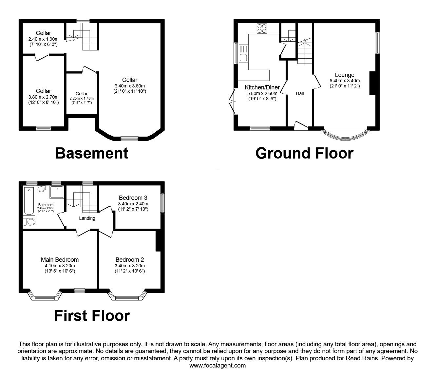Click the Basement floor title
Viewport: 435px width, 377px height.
(x=92, y=153)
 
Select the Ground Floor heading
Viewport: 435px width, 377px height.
(x=304, y=153)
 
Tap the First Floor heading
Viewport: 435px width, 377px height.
(x=92, y=315)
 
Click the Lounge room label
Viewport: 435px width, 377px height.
(x=344, y=75)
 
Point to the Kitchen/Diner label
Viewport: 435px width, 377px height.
(x=262, y=87)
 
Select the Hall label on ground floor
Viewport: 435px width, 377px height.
(x=300, y=93)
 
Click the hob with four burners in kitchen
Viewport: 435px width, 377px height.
(x=262, y=28)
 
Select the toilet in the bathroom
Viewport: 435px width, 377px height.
(x=30, y=222)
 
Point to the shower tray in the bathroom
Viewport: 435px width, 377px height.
(x=57, y=193)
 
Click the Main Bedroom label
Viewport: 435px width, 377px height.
(x=60, y=260)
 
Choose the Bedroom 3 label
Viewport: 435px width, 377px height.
(x=133, y=198)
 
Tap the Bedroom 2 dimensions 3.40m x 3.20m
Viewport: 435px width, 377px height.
(x=130, y=266)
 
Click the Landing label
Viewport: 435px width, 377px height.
(x=87, y=218)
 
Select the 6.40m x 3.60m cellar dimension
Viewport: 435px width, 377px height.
(x=130, y=86)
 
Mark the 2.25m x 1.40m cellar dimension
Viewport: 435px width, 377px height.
(x=82, y=98)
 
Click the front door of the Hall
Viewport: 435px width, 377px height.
(x=300, y=126)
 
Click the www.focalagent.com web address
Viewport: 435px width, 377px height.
(x=217, y=366)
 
